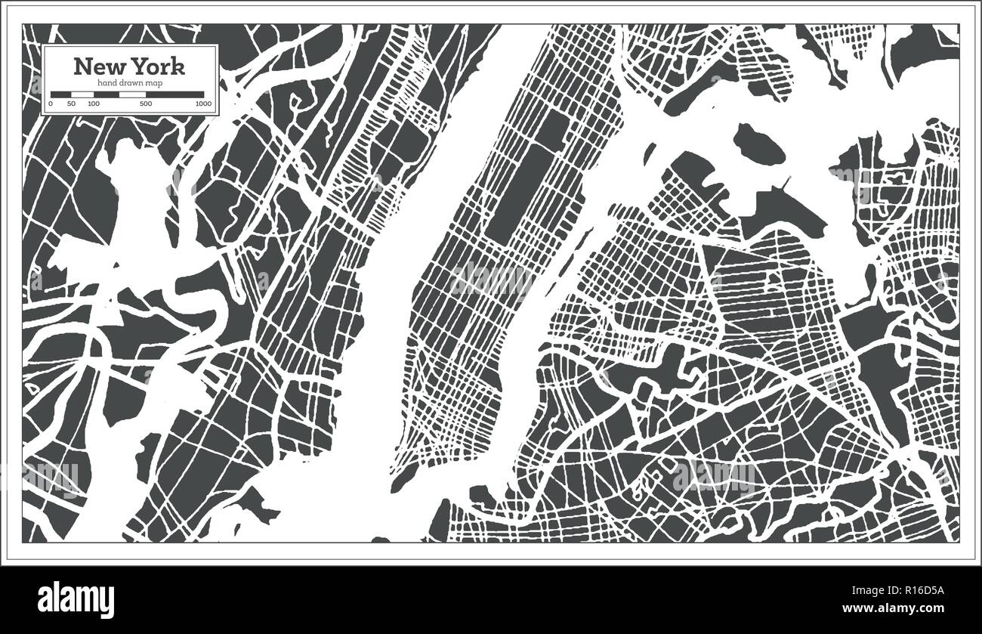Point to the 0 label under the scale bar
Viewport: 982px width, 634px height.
[x=51, y=104]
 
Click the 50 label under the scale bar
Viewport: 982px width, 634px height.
[x=71, y=104]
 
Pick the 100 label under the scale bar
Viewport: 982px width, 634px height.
[x=93, y=104]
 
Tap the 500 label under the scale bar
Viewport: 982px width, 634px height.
[x=146, y=104]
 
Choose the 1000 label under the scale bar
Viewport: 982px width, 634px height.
[x=202, y=104]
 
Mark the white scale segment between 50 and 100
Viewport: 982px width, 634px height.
[x=82, y=95]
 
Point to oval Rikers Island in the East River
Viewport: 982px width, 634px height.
[x=758, y=142]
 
